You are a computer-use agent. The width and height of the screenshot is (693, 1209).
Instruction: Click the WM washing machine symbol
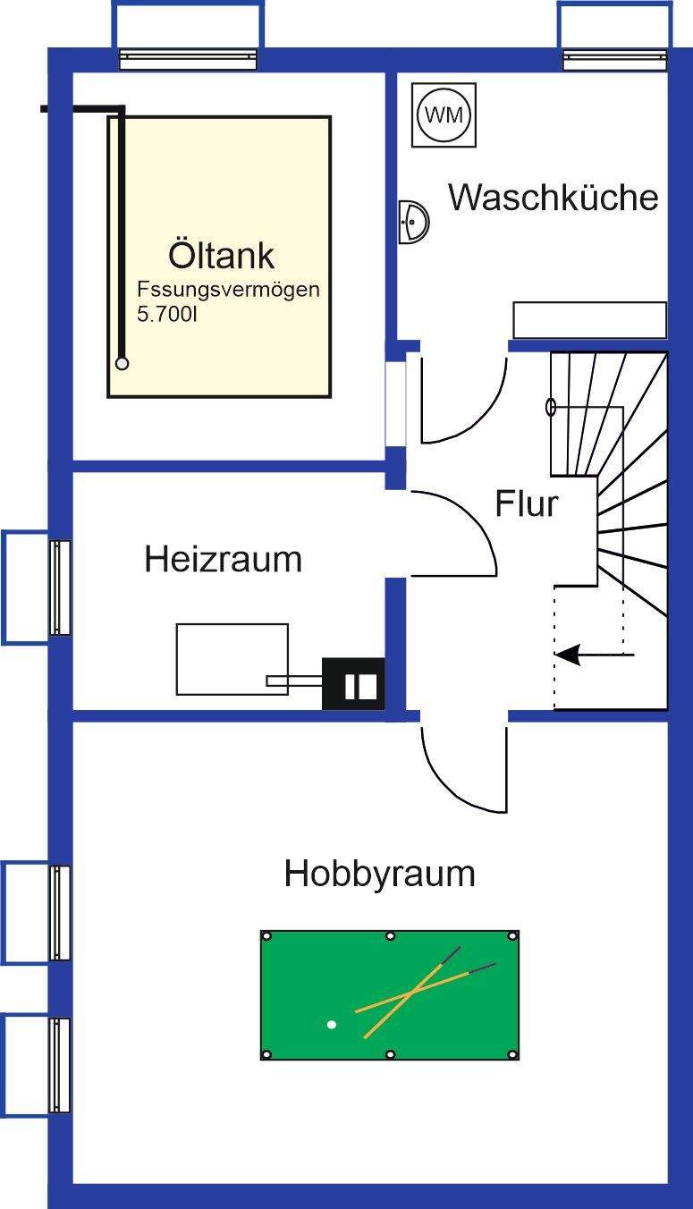click(x=444, y=114)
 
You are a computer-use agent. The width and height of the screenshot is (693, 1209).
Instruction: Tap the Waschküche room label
click(x=554, y=197)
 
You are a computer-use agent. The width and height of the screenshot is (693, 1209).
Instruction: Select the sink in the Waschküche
click(x=413, y=219)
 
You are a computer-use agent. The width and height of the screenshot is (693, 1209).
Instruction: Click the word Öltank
click(x=221, y=256)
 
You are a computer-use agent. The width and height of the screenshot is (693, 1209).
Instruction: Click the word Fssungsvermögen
click(x=228, y=290)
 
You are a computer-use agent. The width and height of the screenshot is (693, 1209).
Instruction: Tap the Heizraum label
click(x=223, y=560)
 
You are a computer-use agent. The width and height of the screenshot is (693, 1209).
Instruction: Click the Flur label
click(x=527, y=504)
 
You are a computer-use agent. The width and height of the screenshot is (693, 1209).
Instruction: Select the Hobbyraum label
click(x=379, y=873)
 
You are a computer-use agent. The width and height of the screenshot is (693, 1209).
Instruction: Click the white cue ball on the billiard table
click(x=332, y=1024)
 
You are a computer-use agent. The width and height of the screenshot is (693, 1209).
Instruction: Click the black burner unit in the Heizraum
click(x=353, y=684)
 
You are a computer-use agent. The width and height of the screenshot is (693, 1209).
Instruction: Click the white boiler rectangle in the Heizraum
click(x=232, y=659)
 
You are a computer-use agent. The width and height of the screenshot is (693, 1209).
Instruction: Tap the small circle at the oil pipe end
click(x=122, y=363)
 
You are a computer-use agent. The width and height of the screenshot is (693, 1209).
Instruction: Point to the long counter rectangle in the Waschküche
click(x=589, y=320)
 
